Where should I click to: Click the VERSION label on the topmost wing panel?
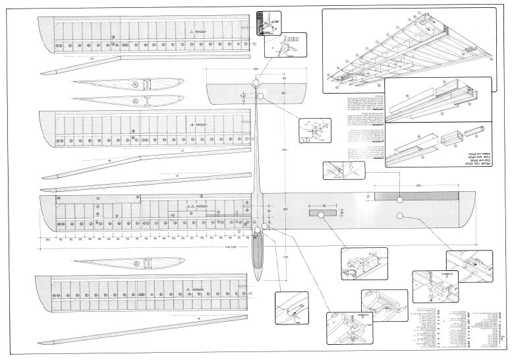pyautogui.click(x=196, y=32)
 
